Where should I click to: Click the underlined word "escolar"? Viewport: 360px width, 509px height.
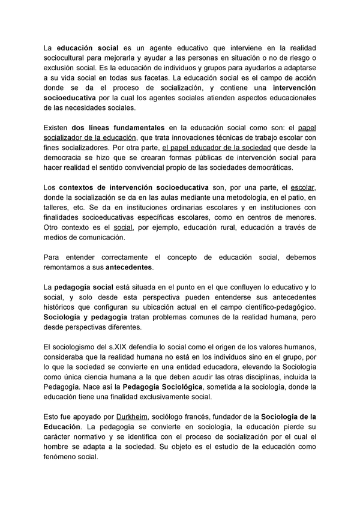pos(302,188)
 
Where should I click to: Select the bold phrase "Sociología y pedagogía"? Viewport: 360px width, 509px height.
pos(86,318)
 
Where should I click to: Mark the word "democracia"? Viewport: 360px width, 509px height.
pos(65,157)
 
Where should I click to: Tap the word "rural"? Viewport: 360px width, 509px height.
pos(229,228)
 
